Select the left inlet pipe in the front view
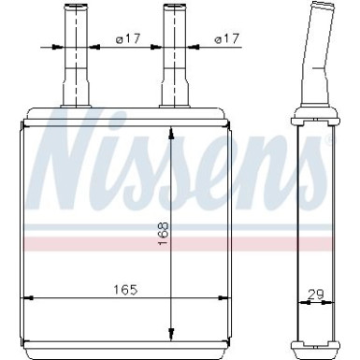[73, 56]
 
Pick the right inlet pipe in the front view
[175, 56]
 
